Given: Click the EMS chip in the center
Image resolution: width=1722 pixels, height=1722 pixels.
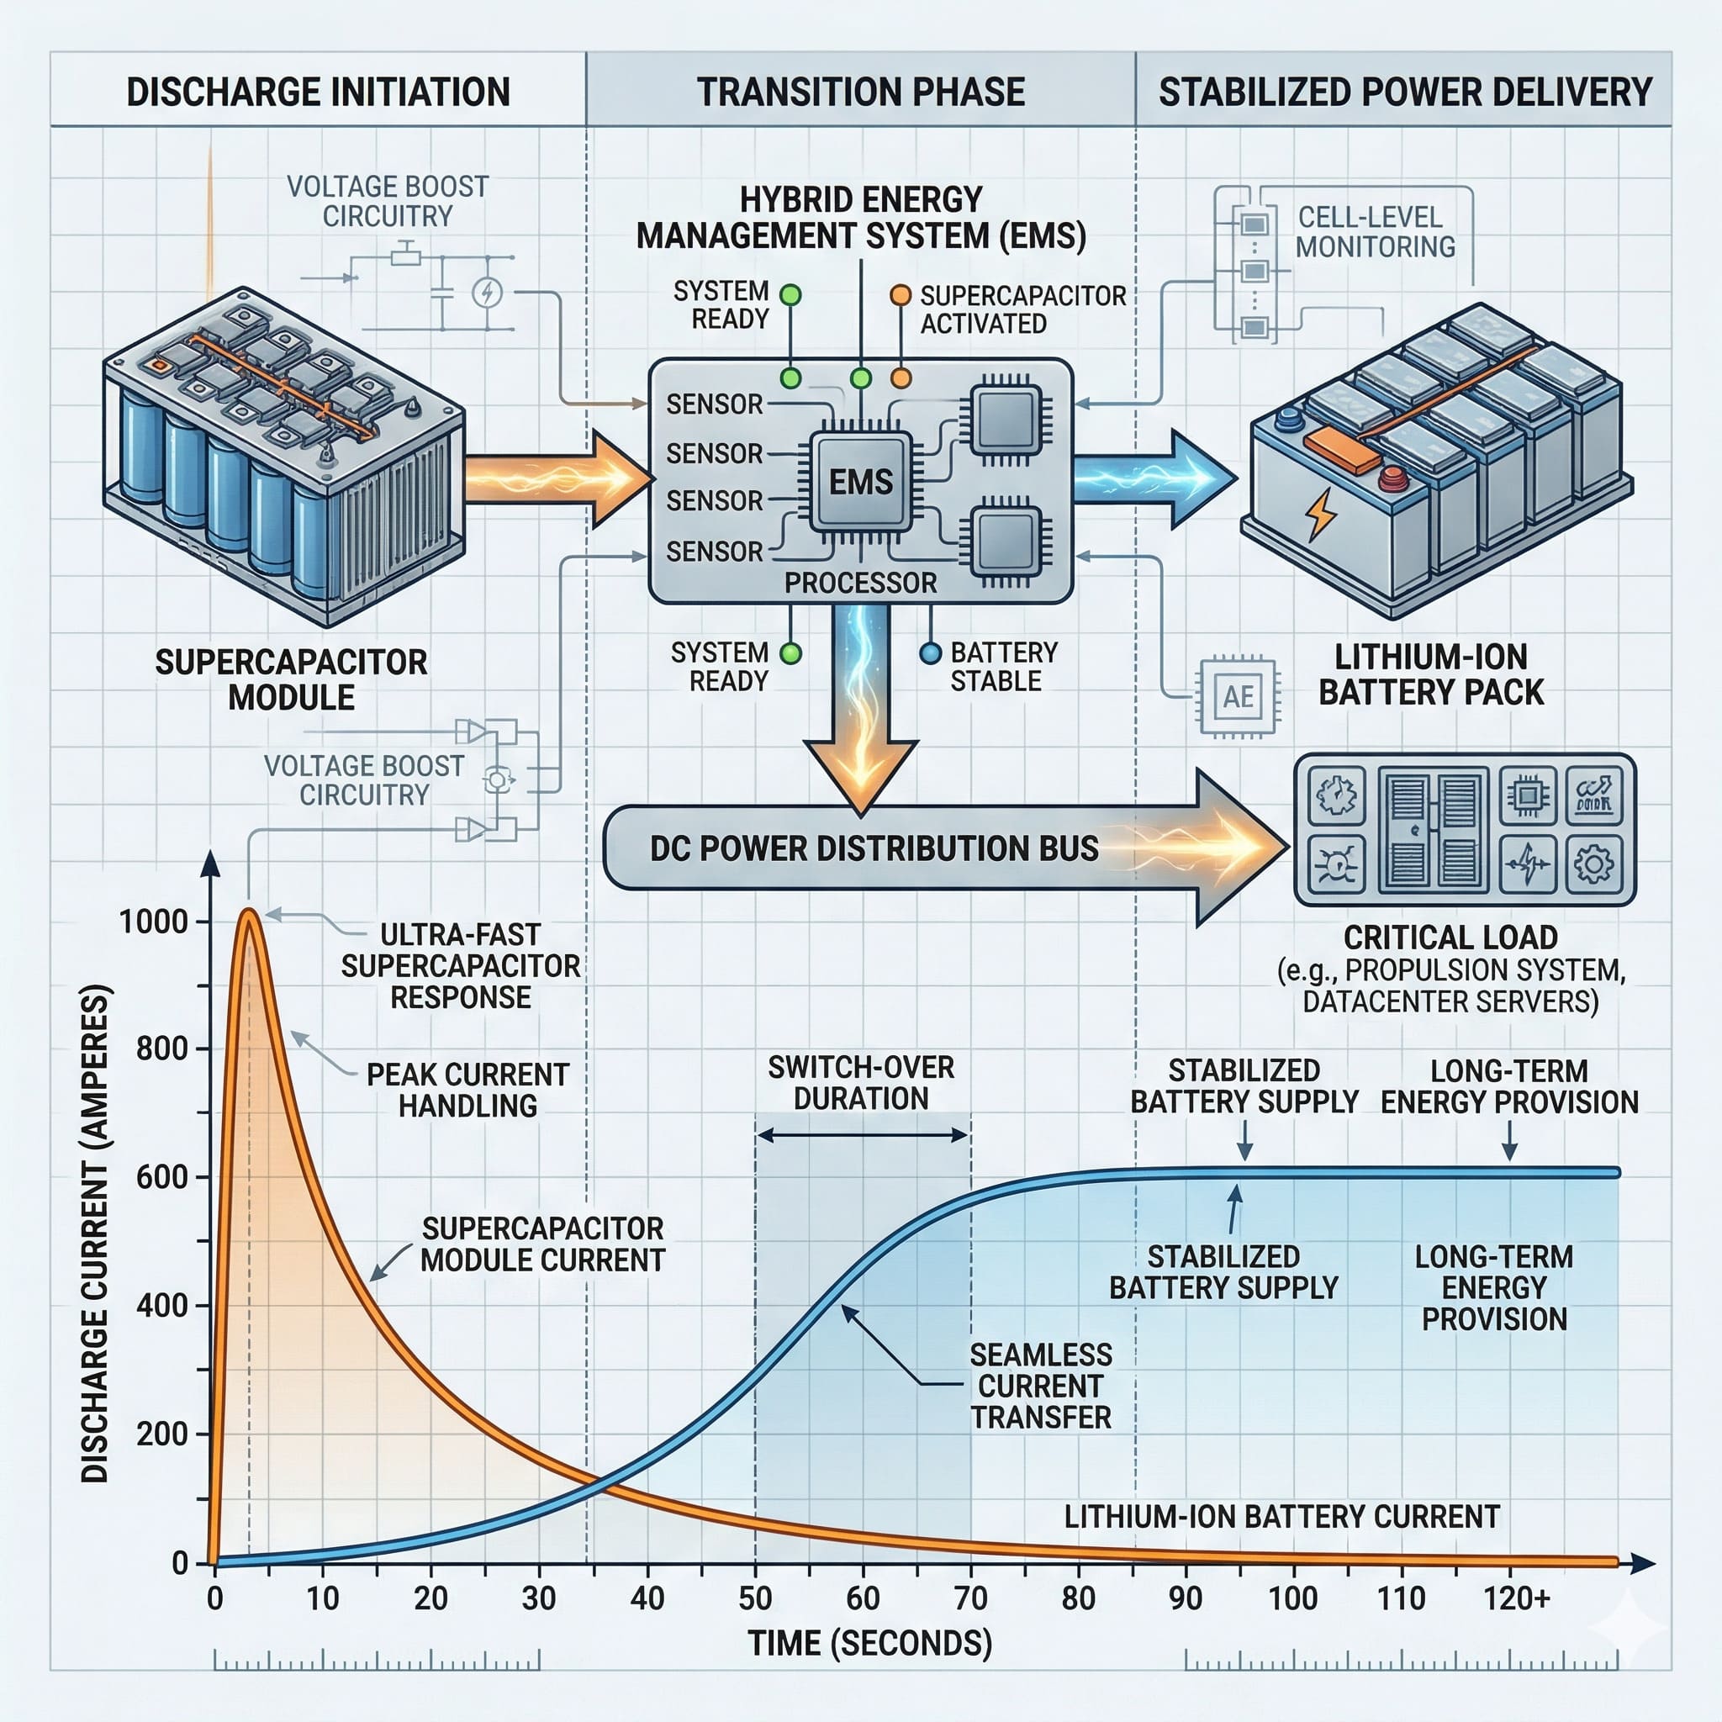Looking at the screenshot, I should (860, 482).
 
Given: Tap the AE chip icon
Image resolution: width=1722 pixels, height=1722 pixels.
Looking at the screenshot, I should (1238, 696).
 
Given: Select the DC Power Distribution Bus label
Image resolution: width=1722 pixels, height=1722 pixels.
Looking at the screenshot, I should (874, 848).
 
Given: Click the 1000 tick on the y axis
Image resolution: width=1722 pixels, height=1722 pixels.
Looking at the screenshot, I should (153, 922).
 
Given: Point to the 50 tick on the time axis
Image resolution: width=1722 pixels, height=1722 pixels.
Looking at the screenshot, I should (755, 1598).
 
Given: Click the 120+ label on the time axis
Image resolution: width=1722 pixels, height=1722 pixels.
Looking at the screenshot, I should (1516, 1598).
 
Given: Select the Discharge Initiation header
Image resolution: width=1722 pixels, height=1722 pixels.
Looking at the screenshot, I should (318, 92).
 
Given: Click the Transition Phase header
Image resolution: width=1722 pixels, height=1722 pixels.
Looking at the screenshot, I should (860, 92).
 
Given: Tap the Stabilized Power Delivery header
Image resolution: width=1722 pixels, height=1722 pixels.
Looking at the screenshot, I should (1405, 92).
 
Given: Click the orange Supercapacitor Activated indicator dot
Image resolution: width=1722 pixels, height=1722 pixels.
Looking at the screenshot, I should (901, 295).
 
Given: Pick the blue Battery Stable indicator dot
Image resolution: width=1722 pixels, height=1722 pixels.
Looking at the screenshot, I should (930, 653).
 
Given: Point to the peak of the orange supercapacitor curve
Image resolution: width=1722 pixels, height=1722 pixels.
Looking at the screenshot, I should (250, 911).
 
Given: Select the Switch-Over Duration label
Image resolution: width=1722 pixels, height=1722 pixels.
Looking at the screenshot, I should (861, 1082).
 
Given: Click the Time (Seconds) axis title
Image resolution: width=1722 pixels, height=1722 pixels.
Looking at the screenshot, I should (869, 1643).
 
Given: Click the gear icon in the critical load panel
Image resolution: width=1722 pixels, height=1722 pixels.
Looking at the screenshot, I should (1593, 864).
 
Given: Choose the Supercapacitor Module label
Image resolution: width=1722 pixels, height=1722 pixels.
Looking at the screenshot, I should (292, 679).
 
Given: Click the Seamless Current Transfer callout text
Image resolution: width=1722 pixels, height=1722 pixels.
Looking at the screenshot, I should (1040, 1386).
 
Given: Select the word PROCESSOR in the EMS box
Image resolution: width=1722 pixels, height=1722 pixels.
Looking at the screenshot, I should (860, 583).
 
